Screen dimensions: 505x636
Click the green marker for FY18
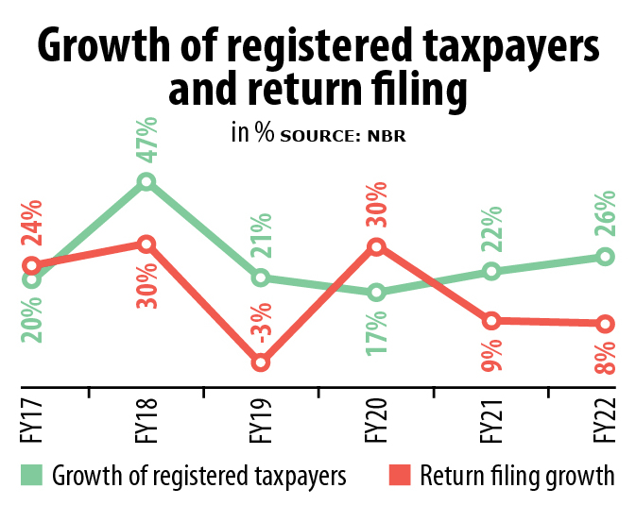pyautogui.click(x=146, y=181)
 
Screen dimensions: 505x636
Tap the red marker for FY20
pyautogui.click(x=376, y=247)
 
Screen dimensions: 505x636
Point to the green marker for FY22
pyautogui.click(x=606, y=257)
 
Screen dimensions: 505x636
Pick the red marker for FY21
pyautogui.click(x=490, y=321)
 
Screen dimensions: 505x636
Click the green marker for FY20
pyautogui.click(x=376, y=293)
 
